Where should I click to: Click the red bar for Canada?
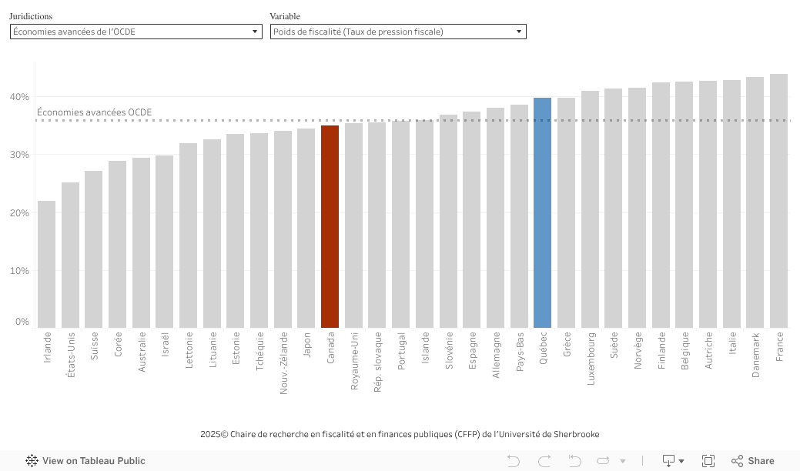(x=330, y=227)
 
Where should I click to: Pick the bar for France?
(x=778, y=201)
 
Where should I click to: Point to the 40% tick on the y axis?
(x=19, y=97)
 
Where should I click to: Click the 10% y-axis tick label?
(x=19, y=270)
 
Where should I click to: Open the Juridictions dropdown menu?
(x=136, y=32)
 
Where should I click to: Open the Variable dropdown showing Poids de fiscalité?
(x=397, y=32)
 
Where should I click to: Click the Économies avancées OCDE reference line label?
(x=94, y=112)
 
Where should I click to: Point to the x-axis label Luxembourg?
(x=591, y=359)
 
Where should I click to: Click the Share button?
(x=752, y=461)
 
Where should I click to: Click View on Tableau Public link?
(x=85, y=461)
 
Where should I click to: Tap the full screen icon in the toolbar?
(x=708, y=461)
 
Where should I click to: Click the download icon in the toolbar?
(x=669, y=461)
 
